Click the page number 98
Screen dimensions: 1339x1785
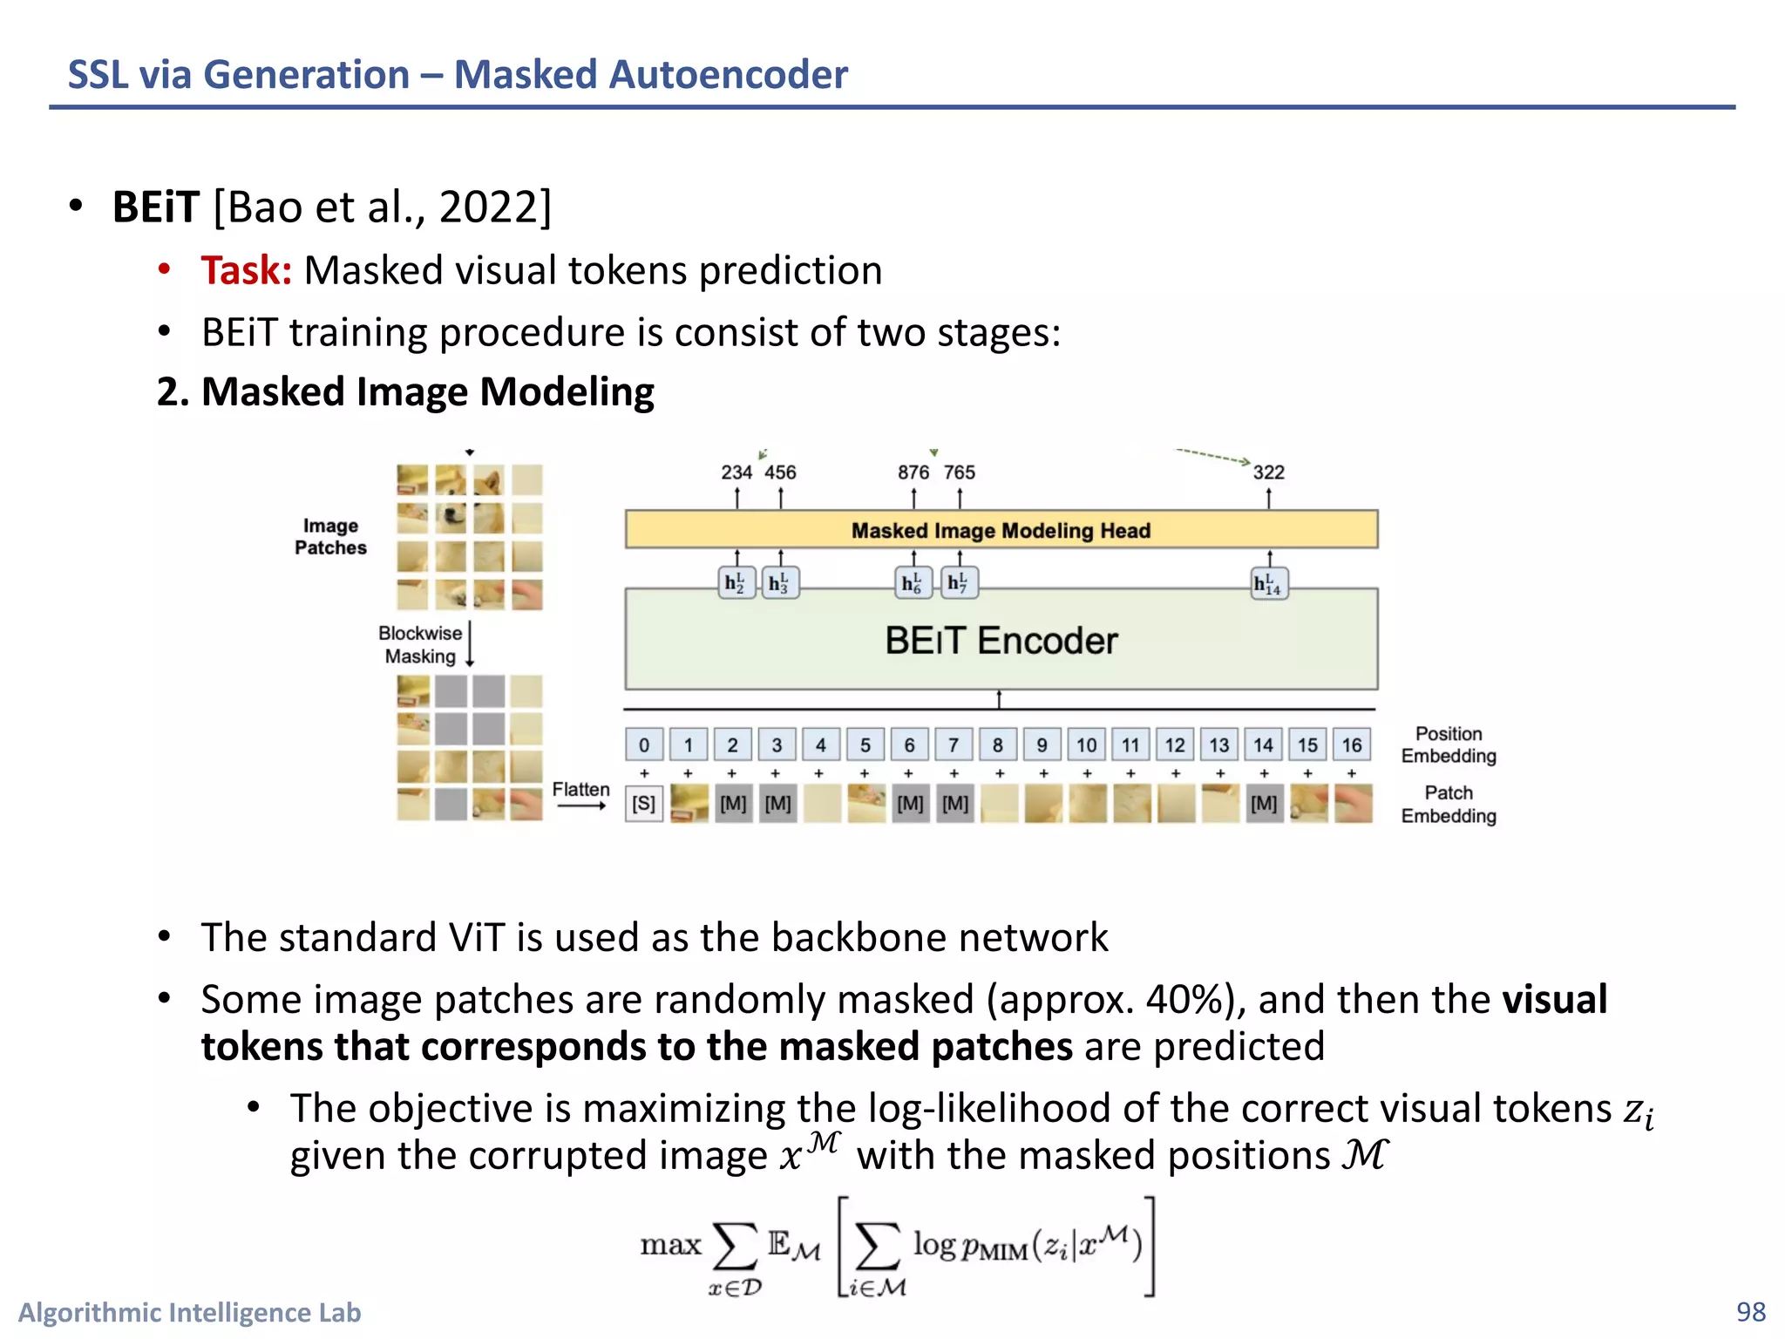tap(1750, 1311)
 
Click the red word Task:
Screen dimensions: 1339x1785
tap(246, 270)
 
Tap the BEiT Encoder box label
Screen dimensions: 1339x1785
tap(1001, 641)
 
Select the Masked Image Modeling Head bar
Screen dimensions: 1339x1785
tap(1001, 530)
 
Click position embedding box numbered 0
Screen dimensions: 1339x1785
tap(644, 745)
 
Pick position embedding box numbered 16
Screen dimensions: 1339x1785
tap(1351, 745)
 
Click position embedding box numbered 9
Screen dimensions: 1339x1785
tap(1042, 745)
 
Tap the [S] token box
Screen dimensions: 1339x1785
tap(644, 804)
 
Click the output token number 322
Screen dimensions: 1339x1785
tap(1268, 472)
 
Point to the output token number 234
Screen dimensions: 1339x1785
tap(736, 472)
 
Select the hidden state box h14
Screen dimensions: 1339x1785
tap(1268, 583)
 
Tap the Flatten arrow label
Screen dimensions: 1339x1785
tap(580, 790)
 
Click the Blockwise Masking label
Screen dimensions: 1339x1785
tap(420, 645)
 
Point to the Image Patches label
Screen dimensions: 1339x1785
tap(330, 537)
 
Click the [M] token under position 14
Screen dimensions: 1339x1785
tap(1264, 804)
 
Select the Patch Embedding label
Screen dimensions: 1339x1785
tap(1448, 804)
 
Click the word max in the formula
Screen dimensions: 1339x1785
tap(670, 1245)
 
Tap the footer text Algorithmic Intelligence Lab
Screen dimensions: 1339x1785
tap(189, 1312)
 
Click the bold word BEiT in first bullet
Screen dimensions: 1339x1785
tap(156, 207)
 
